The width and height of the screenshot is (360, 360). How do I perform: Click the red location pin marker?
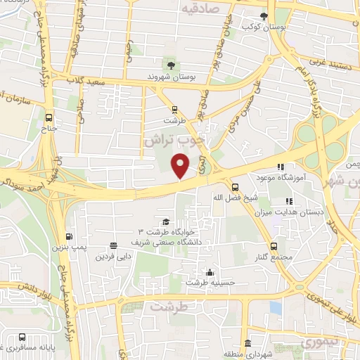[181, 167]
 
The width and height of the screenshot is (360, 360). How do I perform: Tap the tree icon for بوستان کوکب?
[264, 16]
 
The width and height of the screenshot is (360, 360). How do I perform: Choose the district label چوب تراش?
[172, 139]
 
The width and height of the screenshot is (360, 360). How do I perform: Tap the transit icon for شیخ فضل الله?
[235, 187]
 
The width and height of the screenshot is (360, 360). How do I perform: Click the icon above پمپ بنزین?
[69, 236]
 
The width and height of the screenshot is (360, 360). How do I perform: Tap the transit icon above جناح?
[49, 118]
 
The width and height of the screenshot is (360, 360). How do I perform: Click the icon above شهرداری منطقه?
[248, 342]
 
